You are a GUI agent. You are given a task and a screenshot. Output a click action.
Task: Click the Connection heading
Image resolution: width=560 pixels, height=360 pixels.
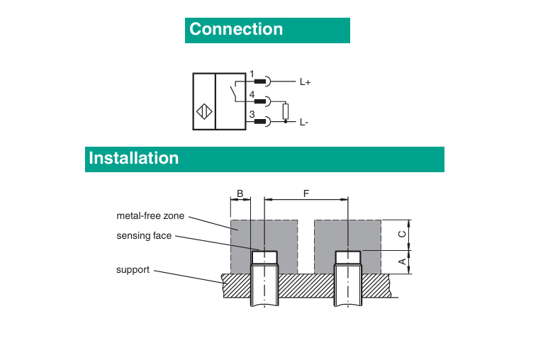(x=236, y=29)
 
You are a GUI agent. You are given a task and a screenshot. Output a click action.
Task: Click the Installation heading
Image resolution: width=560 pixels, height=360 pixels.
(x=134, y=158)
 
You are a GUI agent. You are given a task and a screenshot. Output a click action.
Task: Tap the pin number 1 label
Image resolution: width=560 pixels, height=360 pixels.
(x=252, y=74)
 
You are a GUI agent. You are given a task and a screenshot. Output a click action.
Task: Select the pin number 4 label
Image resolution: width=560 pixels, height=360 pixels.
(x=252, y=94)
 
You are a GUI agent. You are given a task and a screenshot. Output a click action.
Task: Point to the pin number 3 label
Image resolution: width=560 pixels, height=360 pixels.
(x=252, y=115)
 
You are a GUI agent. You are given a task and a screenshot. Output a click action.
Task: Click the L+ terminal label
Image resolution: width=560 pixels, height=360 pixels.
(x=306, y=82)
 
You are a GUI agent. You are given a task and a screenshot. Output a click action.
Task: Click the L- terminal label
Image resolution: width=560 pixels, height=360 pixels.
(x=304, y=123)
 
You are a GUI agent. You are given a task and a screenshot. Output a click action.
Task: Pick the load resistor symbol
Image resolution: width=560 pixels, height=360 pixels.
(x=286, y=111)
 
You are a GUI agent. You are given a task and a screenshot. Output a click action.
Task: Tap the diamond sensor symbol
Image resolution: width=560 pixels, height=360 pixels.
(x=203, y=112)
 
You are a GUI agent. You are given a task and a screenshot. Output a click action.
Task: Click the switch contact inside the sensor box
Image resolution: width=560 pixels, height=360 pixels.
(x=232, y=91)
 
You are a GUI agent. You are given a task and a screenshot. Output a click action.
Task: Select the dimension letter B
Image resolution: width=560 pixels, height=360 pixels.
(x=240, y=193)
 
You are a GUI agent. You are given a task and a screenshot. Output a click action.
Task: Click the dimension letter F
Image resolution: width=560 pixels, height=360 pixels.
(x=306, y=193)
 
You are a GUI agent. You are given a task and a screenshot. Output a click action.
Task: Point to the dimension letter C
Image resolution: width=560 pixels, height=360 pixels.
(x=401, y=233)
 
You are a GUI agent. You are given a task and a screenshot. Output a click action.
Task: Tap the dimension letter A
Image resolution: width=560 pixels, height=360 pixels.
(x=401, y=261)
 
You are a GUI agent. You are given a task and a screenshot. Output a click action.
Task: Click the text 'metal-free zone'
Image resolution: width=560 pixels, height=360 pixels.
(x=150, y=215)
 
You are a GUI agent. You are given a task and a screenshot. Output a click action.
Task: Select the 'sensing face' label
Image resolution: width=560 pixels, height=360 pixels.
(x=144, y=235)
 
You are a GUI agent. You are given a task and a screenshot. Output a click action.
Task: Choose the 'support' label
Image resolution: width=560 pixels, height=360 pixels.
(x=133, y=270)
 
